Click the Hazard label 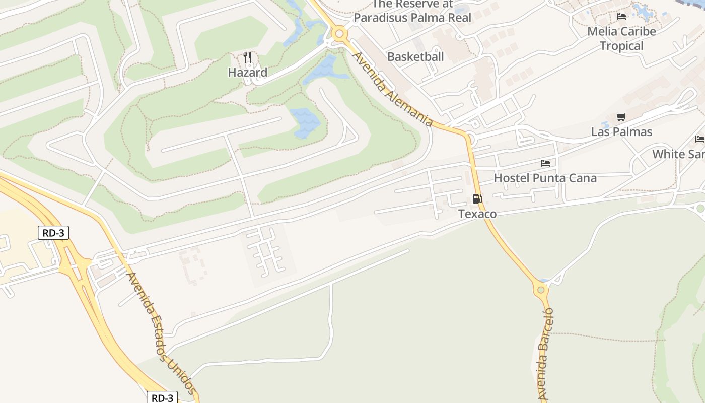click(x=247, y=73)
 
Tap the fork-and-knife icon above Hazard click(x=247, y=57)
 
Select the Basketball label click(x=415, y=57)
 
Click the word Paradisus click(x=386, y=18)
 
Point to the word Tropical click(x=621, y=46)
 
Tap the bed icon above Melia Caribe click(x=621, y=17)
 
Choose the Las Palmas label click(x=621, y=132)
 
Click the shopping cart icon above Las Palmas click(x=621, y=117)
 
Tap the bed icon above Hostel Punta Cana click(x=545, y=163)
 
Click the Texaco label click(x=477, y=214)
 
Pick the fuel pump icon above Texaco click(x=477, y=199)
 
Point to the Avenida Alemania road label click(x=392, y=89)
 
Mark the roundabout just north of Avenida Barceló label click(x=541, y=290)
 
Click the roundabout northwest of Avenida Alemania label click(x=339, y=34)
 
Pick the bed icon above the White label click(x=699, y=139)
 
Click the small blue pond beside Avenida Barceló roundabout click(x=544, y=281)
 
